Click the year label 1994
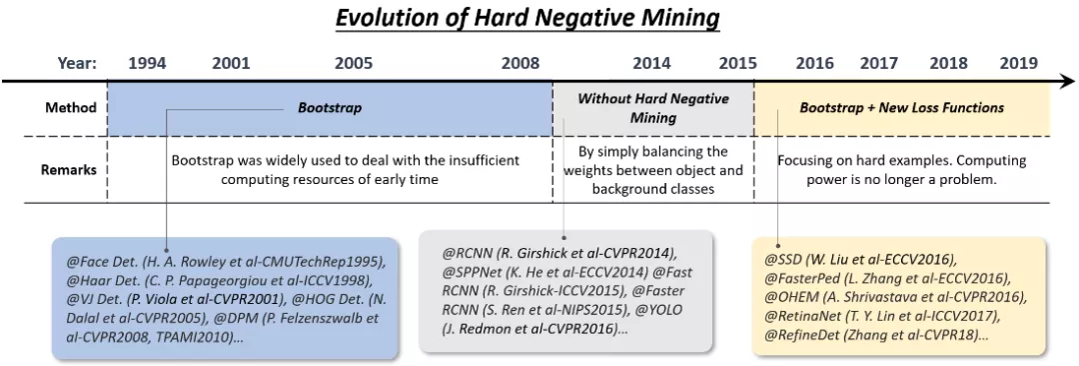tap(147, 64)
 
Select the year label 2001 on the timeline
tap(231, 64)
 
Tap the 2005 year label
tap(354, 64)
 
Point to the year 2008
tap(521, 64)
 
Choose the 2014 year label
tap(651, 64)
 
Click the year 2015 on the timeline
tap(737, 64)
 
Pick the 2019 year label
tap(1018, 64)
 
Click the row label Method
tap(71, 108)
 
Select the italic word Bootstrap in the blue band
tap(330, 108)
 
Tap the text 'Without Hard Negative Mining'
tap(653, 108)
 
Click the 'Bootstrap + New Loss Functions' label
tap(901, 108)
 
